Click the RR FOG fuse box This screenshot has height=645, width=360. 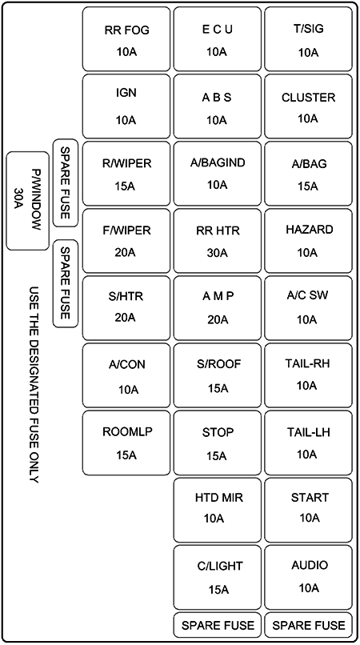126,40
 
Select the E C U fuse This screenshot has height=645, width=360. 217,40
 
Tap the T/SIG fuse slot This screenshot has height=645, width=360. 308,40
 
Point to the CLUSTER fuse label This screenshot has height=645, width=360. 308,98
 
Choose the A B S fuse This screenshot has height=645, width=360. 217,107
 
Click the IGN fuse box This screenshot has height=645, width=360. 126,106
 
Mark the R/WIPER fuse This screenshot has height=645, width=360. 126,174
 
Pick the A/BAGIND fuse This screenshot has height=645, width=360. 217,174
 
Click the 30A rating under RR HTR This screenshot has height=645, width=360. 217,253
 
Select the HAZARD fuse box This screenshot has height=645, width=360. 308,241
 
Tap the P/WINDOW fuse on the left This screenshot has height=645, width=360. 28,200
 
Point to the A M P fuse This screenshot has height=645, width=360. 217,308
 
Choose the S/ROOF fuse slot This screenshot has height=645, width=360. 217,375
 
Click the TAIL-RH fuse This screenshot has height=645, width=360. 308,375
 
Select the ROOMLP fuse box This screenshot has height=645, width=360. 126,443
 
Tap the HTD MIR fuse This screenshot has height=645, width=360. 217,509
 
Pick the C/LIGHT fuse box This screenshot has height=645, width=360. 217,576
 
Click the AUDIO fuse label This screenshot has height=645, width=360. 310,566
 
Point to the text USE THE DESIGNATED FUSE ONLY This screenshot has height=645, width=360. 34,384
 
